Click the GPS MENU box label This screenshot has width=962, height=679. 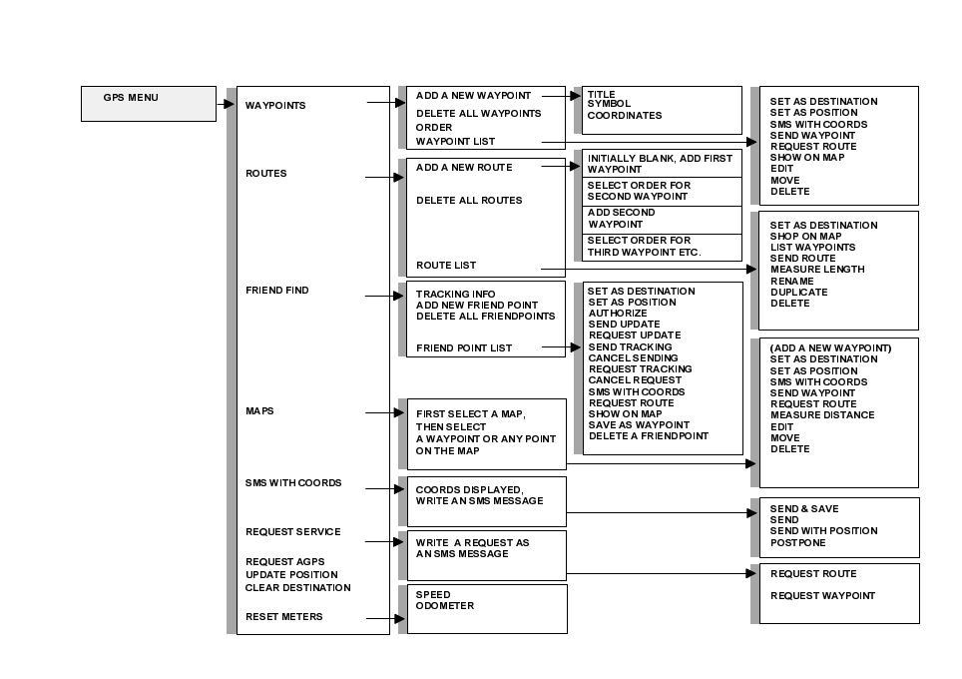(131, 98)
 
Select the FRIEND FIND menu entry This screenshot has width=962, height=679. (277, 291)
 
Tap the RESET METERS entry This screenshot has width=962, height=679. (284, 617)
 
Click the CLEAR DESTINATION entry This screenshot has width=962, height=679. (291, 587)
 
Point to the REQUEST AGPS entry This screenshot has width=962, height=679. (285, 562)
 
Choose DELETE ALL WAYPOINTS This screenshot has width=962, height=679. (478, 114)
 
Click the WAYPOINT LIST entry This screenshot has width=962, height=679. (455, 142)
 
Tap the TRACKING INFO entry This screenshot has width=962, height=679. (456, 295)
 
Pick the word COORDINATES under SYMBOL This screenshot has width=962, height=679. (624, 116)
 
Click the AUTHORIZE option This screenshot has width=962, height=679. (618, 314)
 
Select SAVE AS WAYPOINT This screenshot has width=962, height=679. (639, 425)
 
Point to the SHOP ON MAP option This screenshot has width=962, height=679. (805, 237)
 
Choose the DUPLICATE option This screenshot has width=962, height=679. (798, 293)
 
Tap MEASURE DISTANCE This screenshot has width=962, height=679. (822, 415)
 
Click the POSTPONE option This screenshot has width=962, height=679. (797, 543)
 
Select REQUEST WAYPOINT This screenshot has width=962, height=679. (822, 596)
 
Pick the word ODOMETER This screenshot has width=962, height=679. (445, 606)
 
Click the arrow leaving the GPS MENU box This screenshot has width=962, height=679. (226, 103)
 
